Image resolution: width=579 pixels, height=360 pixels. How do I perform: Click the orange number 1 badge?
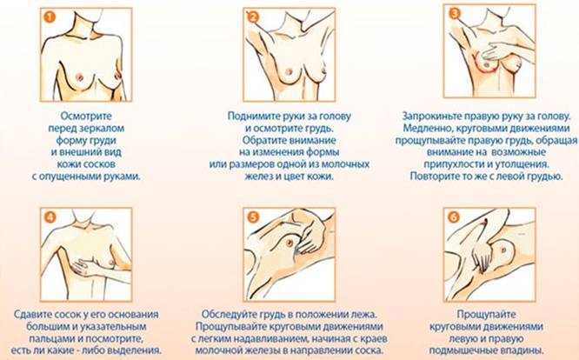50,17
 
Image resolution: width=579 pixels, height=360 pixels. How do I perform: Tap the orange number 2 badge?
253,17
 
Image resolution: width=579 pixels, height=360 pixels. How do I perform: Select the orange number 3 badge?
454,14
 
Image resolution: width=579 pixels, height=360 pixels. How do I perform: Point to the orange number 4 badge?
50,217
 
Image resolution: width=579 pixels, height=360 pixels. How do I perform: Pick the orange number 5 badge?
253,217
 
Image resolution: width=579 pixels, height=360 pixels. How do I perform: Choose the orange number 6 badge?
454,217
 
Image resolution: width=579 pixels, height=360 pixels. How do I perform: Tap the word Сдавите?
31,315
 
